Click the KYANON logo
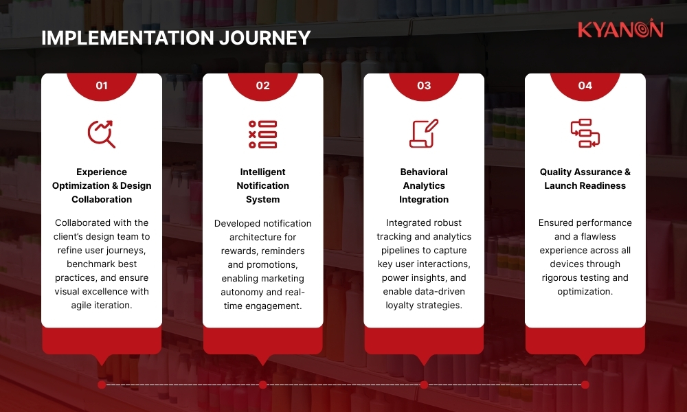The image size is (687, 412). pos(620,30)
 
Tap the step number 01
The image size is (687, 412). pos(102,86)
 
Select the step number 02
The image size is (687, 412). pos(262,86)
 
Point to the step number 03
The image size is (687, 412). pos(424,86)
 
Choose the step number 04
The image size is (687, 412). pos(585,86)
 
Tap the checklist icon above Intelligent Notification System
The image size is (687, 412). pos(262,134)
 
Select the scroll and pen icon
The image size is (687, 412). pos(424,134)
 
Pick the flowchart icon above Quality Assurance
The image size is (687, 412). pos(585,134)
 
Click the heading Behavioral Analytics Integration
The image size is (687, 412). pos(424,185)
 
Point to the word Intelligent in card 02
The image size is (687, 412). pos(262,172)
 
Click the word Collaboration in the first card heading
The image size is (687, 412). pos(102,199)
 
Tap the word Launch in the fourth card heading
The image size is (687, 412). pos(560,185)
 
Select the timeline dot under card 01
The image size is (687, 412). pos(102,385)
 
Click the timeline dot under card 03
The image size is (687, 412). pos(424,385)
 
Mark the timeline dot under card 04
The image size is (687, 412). pos(585,385)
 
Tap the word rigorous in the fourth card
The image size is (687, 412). pos(561,278)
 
